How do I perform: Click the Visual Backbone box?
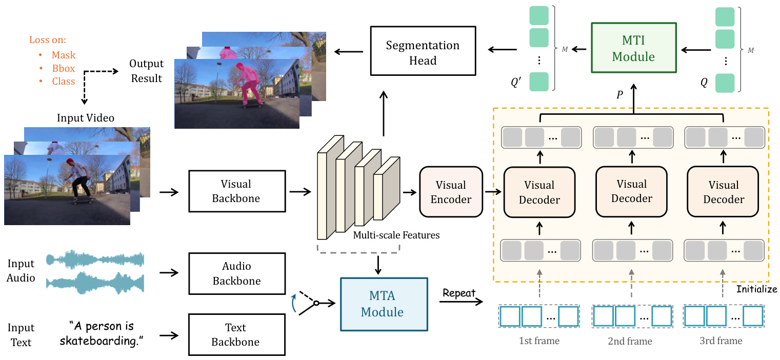(236, 191)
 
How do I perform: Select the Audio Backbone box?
(236, 273)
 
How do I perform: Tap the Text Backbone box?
(236, 335)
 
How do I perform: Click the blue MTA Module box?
(383, 305)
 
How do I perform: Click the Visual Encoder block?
(451, 192)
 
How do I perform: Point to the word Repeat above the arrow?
(459, 294)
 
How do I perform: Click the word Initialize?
(756, 289)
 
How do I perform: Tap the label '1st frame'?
(539, 341)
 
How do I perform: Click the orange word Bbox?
(63, 68)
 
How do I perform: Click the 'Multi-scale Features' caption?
(396, 235)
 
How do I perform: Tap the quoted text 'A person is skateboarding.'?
(105, 333)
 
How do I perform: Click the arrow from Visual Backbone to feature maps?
(301, 192)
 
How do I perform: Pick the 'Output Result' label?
(146, 71)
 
